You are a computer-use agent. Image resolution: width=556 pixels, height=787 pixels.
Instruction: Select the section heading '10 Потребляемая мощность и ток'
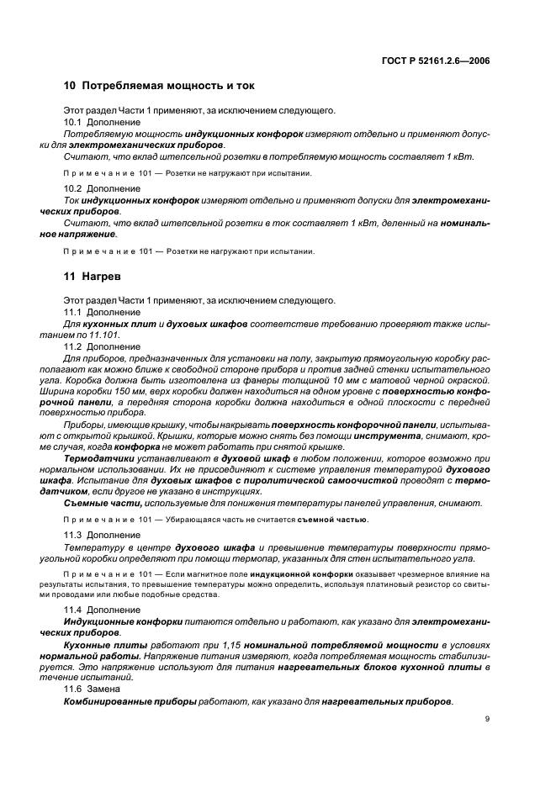pyautogui.click(x=159, y=86)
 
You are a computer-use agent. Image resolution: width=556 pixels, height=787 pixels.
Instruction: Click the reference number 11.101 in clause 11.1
pyautogui.click(x=106, y=335)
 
